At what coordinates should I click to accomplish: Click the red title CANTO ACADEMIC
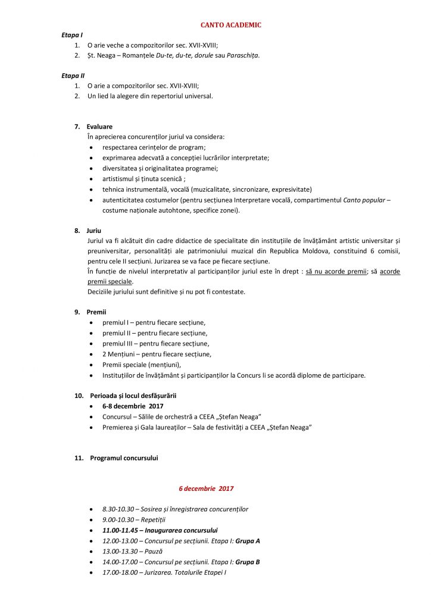tap(230, 24)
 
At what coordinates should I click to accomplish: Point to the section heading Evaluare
tap(99, 127)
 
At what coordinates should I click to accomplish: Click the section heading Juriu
tap(94, 230)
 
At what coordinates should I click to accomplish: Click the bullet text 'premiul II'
tap(117, 333)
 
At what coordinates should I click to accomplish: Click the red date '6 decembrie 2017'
tap(206, 488)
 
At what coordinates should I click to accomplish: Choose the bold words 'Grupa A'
tap(249, 541)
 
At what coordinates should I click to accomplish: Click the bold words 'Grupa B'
tap(248, 562)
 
